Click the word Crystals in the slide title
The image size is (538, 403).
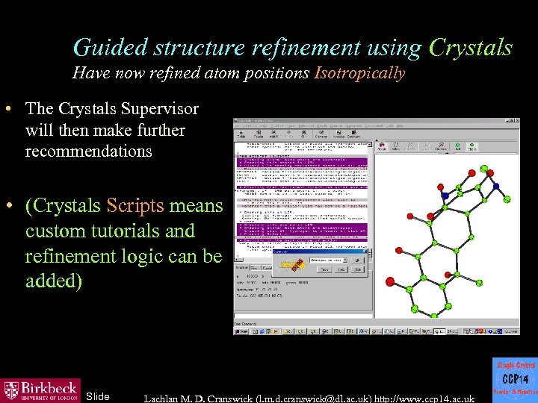click(471, 48)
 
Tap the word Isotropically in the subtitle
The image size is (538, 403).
click(360, 73)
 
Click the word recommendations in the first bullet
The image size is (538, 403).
click(88, 151)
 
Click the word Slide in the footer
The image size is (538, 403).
click(98, 396)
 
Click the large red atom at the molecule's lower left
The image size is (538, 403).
click(389, 281)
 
